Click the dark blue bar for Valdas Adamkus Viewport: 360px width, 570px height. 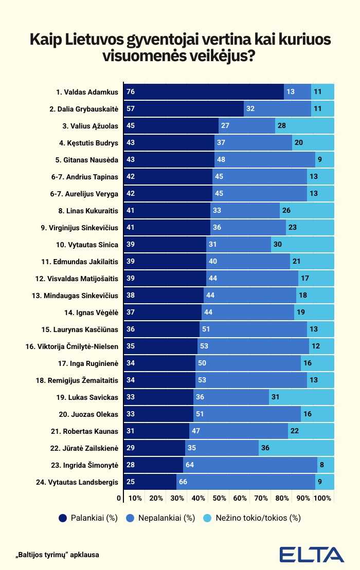click(204, 91)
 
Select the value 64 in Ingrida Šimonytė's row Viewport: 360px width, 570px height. click(190, 465)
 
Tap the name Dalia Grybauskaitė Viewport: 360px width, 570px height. click(84, 109)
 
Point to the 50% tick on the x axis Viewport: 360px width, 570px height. click(219, 498)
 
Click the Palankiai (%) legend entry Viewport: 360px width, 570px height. click(88, 518)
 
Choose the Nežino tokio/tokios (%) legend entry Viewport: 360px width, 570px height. click(252, 518)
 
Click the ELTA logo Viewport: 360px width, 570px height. click(312, 555)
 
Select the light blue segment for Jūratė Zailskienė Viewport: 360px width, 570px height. click(296, 448)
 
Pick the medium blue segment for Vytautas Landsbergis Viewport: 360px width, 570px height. click(246, 482)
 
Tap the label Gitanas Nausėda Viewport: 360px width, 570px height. click(87, 160)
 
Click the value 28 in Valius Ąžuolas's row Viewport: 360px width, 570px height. click(282, 125)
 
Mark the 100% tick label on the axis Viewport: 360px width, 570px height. click(322, 498)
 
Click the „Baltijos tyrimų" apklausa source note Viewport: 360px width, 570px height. click(57, 555)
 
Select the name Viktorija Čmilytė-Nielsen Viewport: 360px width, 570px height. click(71, 346)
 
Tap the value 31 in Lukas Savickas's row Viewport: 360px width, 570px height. click(275, 397)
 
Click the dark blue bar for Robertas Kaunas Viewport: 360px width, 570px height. click(156, 431)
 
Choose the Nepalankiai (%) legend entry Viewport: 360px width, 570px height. click(160, 518)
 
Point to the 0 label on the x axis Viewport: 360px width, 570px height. click(119, 498)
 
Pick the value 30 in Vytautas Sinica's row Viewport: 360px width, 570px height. click(277, 244)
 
